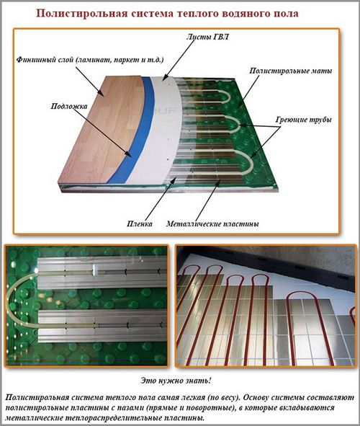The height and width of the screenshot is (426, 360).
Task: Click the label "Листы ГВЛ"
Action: click(x=207, y=37)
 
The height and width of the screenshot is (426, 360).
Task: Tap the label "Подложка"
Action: click(x=69, y=106)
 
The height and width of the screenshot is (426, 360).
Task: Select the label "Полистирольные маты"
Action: click(x=291, y=71)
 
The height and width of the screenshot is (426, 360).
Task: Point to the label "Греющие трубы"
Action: click(x=304, y=120)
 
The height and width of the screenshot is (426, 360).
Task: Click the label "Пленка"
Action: click(x=140, y=224)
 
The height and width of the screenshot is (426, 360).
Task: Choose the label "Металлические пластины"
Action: click(x=212, y=224)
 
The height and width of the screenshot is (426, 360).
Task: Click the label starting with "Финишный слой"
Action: click(x=90, y=60)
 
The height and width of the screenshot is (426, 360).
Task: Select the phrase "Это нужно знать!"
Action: click(x=176, y=381)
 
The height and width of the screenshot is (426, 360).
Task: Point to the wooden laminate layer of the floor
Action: click(x=103, y=130)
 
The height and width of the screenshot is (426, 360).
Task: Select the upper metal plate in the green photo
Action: click(x=102, y=272)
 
